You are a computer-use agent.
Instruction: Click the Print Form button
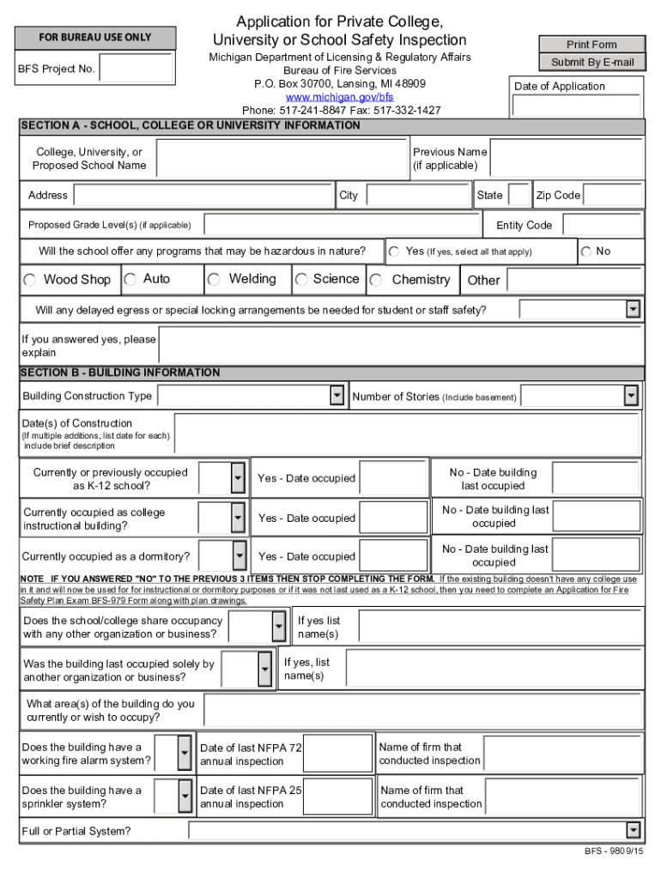pos(591,45)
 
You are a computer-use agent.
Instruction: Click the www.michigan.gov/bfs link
pos(339,97)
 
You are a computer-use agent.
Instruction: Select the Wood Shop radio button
pos(30,280)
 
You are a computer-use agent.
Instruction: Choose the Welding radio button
pos(214,280)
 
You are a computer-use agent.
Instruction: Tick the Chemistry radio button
pos(376,280)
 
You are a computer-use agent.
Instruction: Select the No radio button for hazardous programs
pos(586,252)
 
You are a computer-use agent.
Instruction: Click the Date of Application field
pos(577,106)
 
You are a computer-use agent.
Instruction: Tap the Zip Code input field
pos(613,196)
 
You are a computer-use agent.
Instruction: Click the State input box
pos(518,196)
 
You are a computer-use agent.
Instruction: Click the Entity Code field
pos(602,225)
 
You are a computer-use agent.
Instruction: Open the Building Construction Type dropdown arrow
pos(337,396)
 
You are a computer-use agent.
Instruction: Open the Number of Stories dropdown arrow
pos(631,396)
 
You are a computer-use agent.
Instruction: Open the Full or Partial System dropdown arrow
pos(633,830)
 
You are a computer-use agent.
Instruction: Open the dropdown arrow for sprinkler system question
pos(185,797)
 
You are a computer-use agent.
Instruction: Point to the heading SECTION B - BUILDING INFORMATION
pos(121,373)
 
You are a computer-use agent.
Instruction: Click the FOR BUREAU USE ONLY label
pos(95,38)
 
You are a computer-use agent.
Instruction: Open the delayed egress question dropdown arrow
pos(634,309)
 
